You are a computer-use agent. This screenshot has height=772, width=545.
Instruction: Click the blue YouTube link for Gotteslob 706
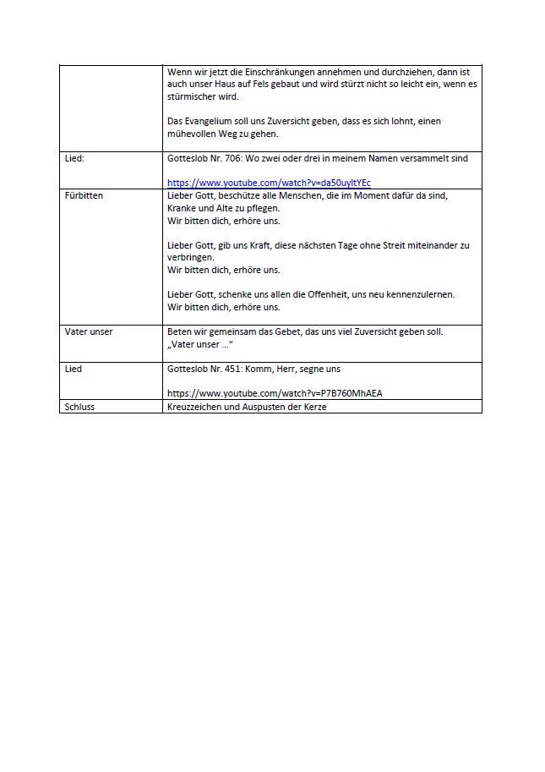pos(269,183)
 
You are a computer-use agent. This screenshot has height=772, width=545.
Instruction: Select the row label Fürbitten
pos(84,195)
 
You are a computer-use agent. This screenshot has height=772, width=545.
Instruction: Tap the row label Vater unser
pos(89,331)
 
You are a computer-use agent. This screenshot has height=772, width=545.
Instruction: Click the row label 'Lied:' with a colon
pos(74,158)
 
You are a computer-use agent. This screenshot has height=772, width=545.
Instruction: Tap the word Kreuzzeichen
pos(194,407)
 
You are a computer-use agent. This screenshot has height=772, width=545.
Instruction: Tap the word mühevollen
pos(194,134)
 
